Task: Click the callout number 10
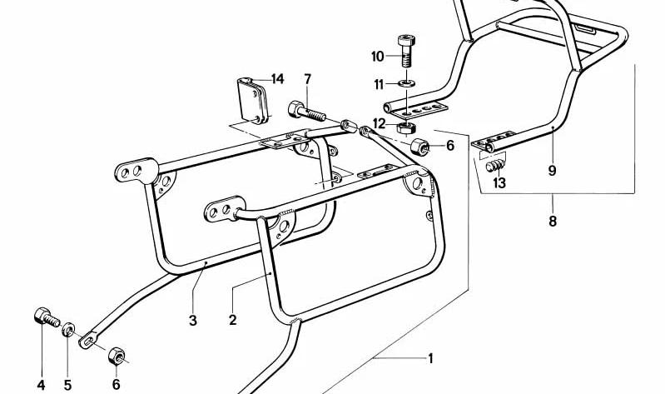[x=377, y=56]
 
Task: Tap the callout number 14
[x=277, y=78]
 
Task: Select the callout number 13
[x=499, y=183]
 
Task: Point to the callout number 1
[x=430, y=359]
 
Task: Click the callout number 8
[x=552, y=221]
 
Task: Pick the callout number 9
[x=552, y=170]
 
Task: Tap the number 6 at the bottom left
[x=117, y=384]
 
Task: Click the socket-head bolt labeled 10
[x=406, y=51]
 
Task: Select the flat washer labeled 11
[x=407, y=82]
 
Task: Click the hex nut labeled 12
[x=406, y=127]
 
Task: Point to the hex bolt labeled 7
[x=306, y=112]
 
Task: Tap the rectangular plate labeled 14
[x=253, y=100]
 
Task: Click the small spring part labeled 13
[x=495, y=165]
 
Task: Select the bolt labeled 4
[x=47, y=317]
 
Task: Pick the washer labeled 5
[x=68, y=330]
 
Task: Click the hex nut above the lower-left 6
[x=117, y=356]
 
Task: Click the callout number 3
[x=193, y=320]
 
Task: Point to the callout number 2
[x=232, y=319]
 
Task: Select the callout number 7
[x=307, y=79]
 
